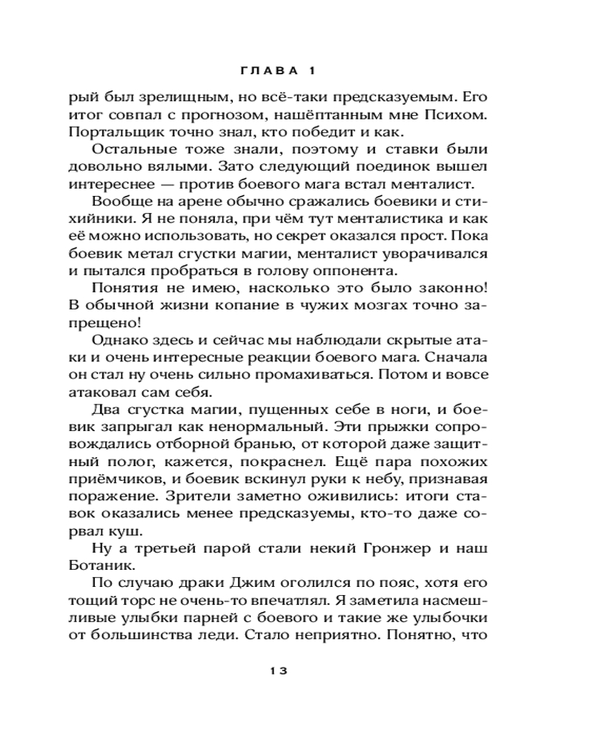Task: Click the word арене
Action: point(194,203)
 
